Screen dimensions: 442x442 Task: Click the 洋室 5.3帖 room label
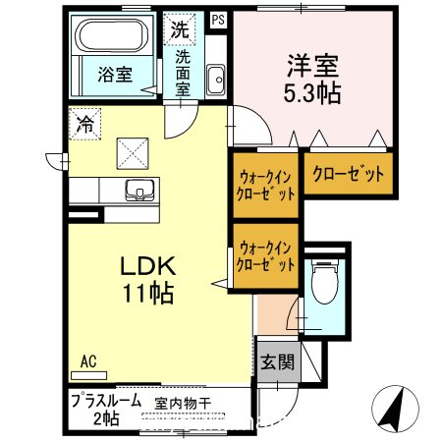tap(311, 80)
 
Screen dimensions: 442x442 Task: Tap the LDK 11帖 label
tap(148, 278)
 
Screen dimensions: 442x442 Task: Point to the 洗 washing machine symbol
tap(179, 28)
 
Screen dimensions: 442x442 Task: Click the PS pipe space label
tap(217, 18)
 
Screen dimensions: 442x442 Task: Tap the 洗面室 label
tap(183, 72)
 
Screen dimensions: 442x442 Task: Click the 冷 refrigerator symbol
tap(85, 125)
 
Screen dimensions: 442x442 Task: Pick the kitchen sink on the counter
tap(138, 190)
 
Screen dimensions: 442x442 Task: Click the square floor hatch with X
tap(132, 151)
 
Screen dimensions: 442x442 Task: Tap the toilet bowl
tap(321, 284)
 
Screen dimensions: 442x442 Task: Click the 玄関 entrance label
tap(277, 360)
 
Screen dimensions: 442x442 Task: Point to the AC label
tap(88, 360)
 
